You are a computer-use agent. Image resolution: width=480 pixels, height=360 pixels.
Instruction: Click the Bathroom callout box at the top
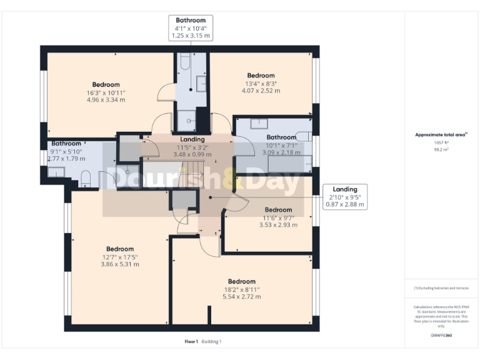pos(191,29)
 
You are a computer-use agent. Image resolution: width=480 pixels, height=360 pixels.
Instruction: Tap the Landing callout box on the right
pos(344,197)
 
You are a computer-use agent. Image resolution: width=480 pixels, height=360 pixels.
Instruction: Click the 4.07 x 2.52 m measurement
pos(261,91)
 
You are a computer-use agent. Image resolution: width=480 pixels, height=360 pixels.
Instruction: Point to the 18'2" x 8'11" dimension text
pos(241,289)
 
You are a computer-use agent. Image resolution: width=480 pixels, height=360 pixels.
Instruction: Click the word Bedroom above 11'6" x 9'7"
pos(278,210)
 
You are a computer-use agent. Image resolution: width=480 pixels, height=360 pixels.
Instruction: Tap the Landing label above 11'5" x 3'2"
pos(192,139)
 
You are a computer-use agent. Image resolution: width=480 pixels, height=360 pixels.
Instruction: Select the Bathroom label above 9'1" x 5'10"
pos(66,143)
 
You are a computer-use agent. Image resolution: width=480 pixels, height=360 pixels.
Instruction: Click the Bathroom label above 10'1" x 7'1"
pos(281,137)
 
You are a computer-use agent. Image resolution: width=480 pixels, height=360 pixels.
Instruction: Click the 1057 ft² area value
pos(441,142)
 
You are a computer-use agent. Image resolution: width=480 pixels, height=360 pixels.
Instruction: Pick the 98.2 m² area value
pos(441,150)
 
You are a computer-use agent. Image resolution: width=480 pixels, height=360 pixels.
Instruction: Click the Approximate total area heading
pos(441,134)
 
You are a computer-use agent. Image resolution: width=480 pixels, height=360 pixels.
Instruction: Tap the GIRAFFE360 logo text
pos(441,336)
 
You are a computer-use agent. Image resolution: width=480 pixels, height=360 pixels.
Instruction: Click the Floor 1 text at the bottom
pos(191,341)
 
